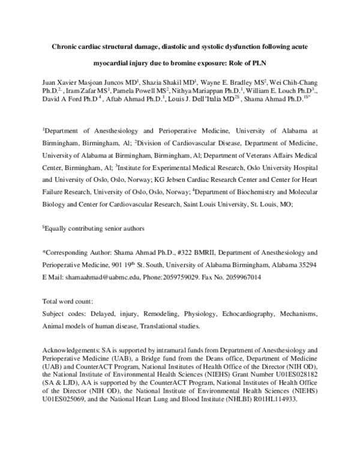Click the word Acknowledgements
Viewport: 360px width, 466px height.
(70, 349)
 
